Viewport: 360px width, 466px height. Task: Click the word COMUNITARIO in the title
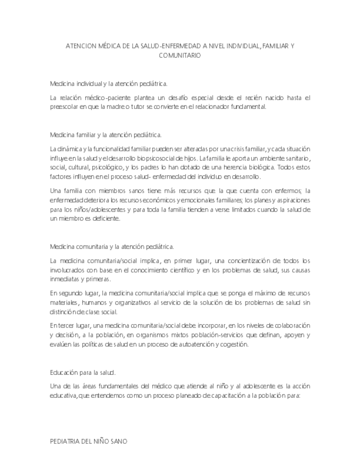click(180, 56)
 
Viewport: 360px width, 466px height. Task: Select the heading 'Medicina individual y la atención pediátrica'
click(108, 84)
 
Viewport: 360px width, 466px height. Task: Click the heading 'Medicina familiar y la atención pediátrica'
click(106, 134)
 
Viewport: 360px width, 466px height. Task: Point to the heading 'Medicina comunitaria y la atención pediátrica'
click(112, 247)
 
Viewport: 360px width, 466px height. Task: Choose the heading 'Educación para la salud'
click(82, 372)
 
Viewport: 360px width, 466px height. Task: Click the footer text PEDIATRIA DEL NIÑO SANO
click(88, 441)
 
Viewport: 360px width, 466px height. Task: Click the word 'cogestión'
click(235, 345)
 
